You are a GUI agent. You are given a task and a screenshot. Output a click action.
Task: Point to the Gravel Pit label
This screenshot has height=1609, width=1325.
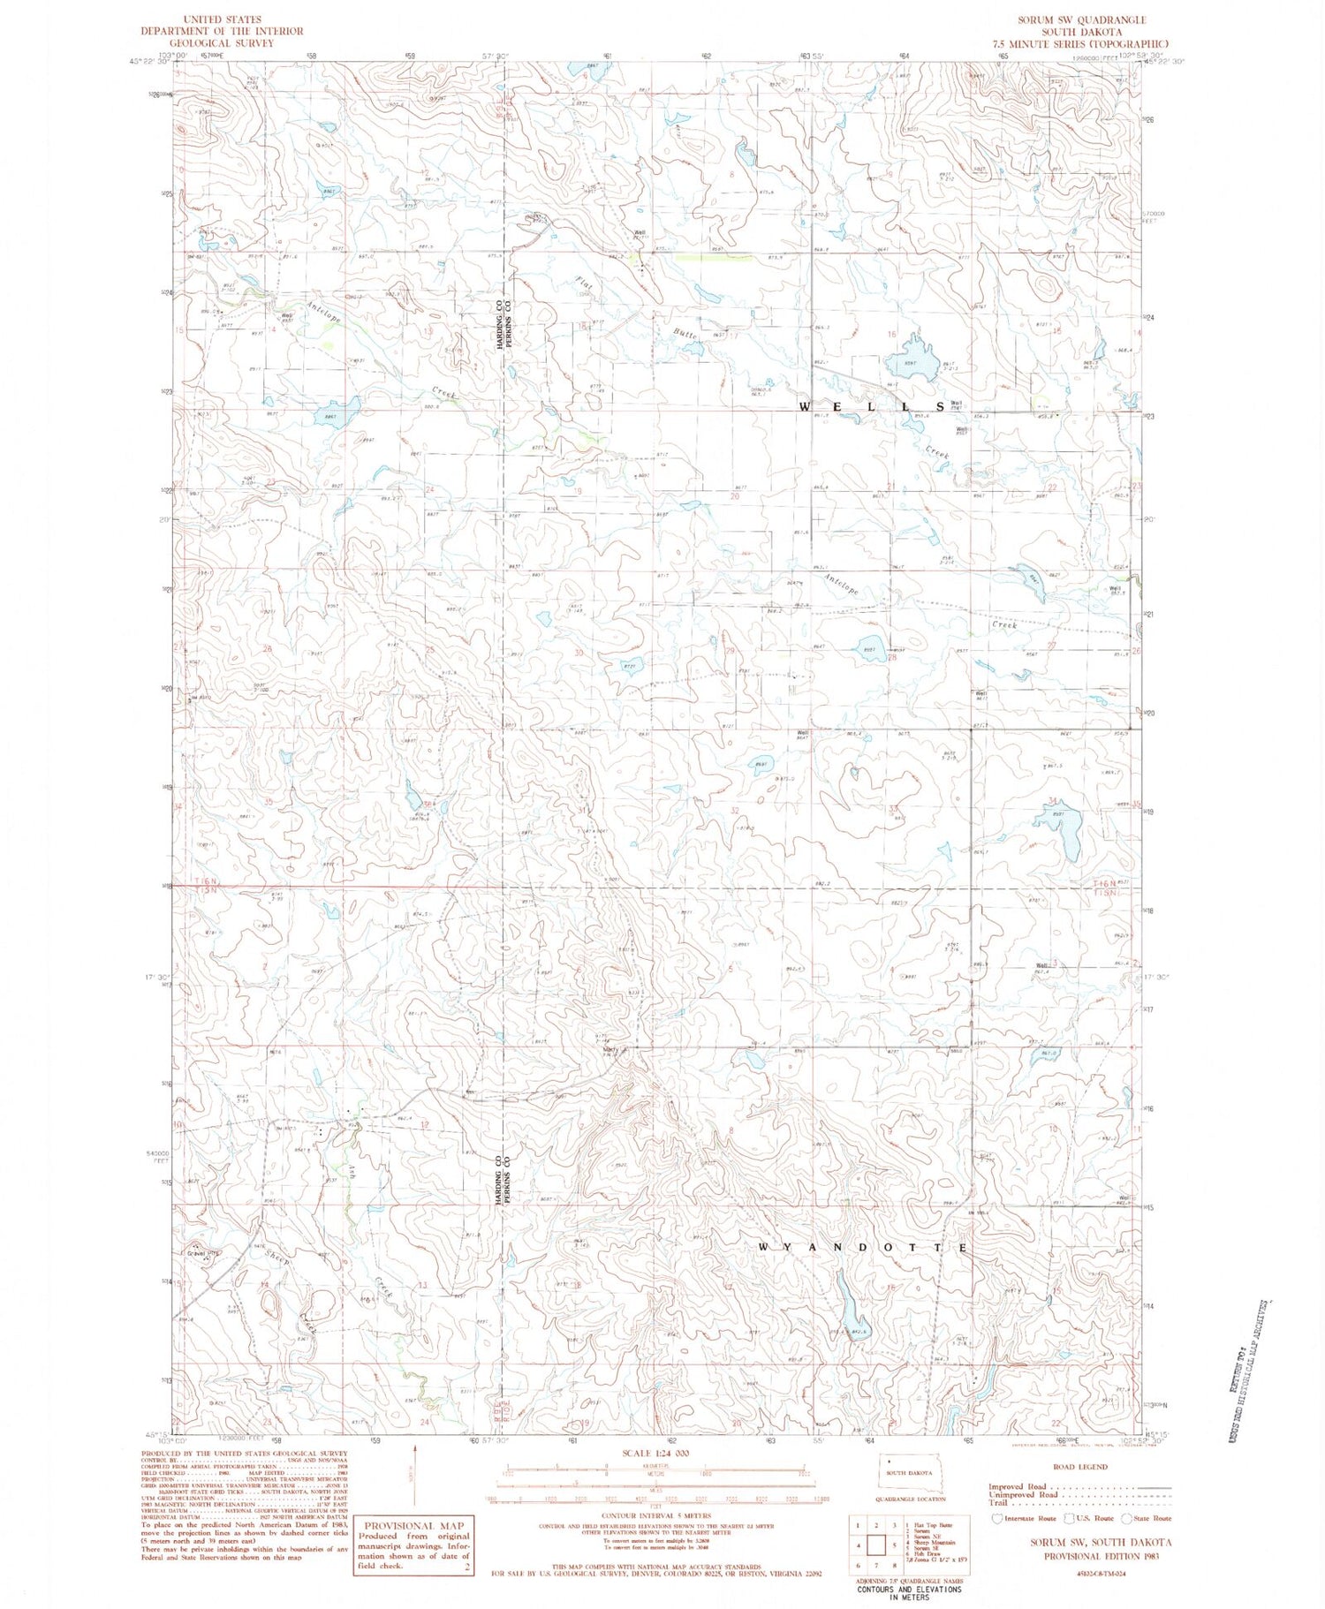click(x=201, y=1253)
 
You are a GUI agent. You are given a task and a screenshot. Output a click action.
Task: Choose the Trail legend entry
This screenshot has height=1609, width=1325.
click(x=998, y=1502)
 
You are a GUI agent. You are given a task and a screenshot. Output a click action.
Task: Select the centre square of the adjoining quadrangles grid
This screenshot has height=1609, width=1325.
click(x=876, y=1545)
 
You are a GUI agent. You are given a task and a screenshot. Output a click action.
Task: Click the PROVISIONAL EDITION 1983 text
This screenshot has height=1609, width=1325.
click(x=1101, y=1556)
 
